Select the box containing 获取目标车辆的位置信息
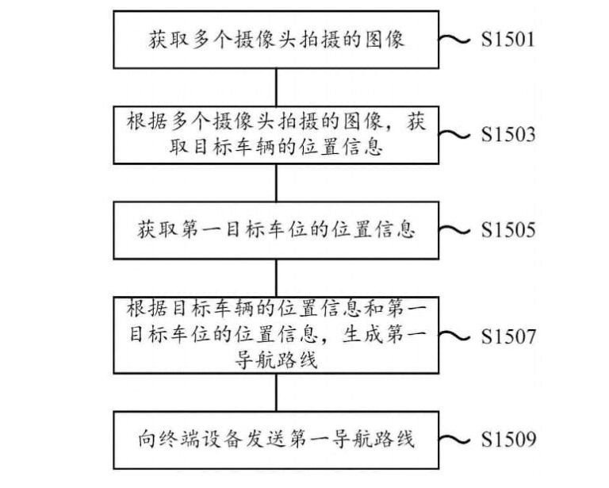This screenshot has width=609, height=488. point(275,135)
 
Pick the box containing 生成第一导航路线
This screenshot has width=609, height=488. point(275,336)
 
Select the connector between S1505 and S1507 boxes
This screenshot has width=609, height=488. point(275,277)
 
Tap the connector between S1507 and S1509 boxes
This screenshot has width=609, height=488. point(275,390)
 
